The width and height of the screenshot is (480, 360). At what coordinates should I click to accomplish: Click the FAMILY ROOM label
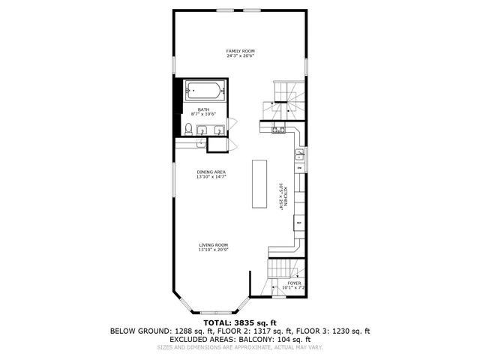pos(239,50)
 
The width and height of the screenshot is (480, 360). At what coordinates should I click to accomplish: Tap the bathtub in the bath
pos(204,91)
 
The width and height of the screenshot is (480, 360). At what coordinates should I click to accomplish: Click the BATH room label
pos(203,109)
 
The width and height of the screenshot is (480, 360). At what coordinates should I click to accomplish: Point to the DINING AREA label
pos(211,172)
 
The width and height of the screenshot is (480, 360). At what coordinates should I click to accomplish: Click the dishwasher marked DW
pos(299,168)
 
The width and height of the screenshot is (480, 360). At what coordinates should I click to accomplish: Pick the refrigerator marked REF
pos(298,223)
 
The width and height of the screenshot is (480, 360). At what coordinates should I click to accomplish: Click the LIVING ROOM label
pos(213,245)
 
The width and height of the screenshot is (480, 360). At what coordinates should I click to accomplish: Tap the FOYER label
pos(294,283)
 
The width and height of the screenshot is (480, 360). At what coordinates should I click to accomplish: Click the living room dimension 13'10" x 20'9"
pos(213,250)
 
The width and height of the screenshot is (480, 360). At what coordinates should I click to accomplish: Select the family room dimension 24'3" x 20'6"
pos(239,55)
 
